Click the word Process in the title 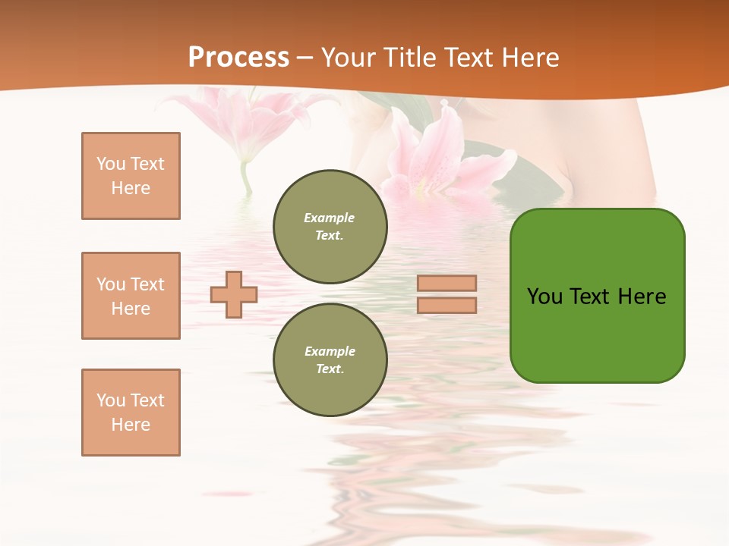[x=238, y=58]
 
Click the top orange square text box [x=131, y=176]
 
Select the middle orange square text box [x=131, y=296]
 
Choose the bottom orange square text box [x=131, y=413]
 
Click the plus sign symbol [x=234, y=294]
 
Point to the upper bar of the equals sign [x=447, y=283]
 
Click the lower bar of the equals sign [x=447, y=305]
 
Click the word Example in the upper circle [x=330, y=218]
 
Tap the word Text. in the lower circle [x=330, y=369]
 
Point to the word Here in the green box [x=642, y=297]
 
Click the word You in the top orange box [x=110, y=164]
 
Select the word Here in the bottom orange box [x=131, y=425]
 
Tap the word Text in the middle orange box [x=147, y=284]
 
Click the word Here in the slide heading [x=530, y=58]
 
